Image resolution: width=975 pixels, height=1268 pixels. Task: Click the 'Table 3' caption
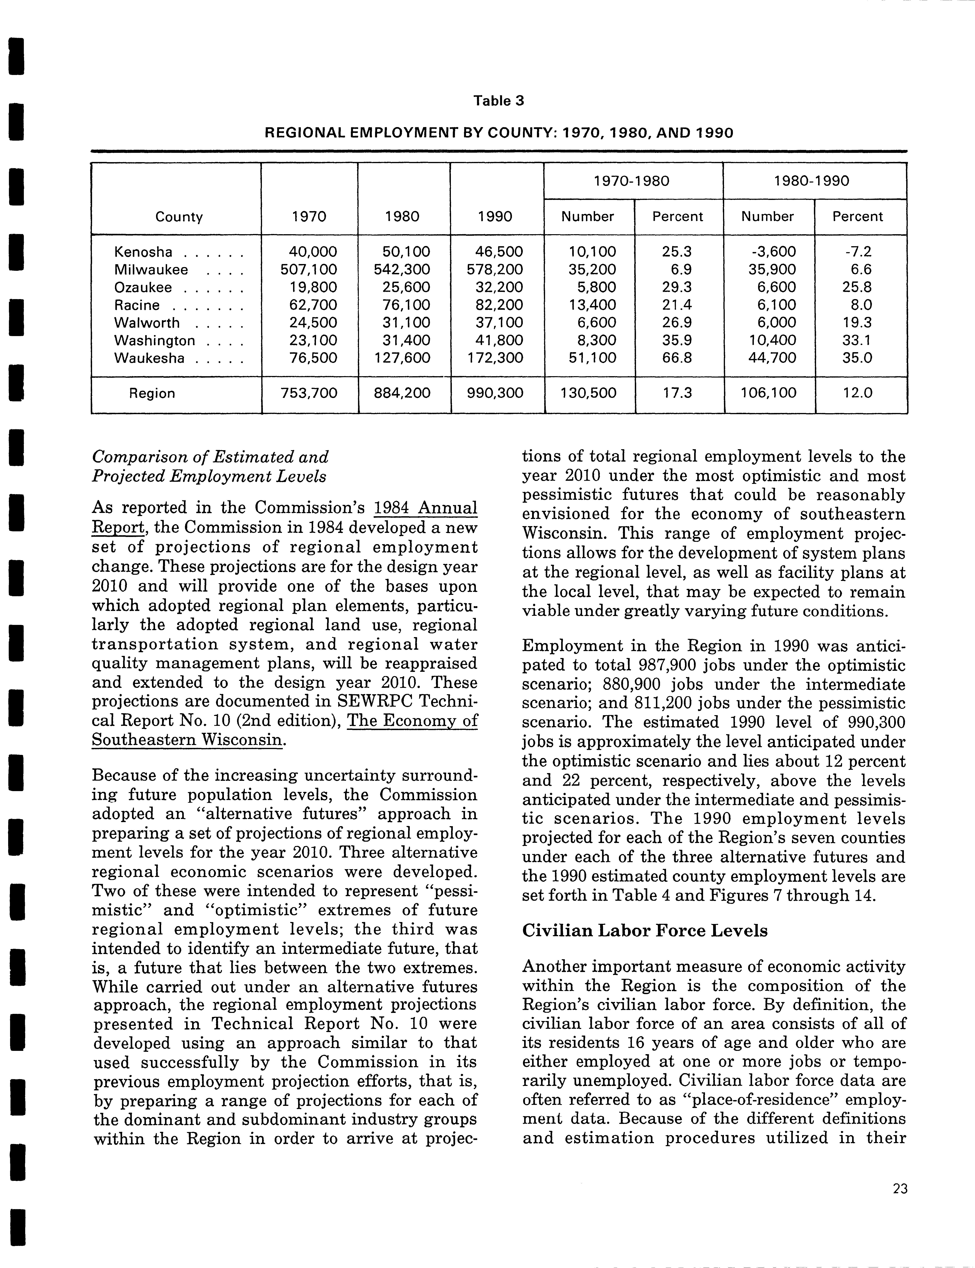(499, 101)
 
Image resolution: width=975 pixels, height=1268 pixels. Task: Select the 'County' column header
(179, 217)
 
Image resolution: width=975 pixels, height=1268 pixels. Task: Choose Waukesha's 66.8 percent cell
(677, 358)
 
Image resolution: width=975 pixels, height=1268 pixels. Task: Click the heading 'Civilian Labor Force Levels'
(645, 930)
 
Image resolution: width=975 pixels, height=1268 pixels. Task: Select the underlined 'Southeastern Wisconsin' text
(188, 740)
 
